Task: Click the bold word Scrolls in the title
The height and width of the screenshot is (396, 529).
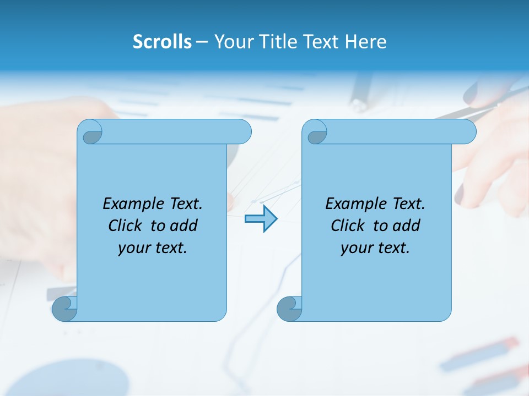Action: [162, 42]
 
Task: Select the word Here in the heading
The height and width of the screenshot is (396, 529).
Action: [365, 42]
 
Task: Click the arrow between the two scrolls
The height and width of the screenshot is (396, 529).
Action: [261, 219]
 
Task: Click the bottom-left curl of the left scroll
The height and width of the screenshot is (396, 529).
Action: [65, 309]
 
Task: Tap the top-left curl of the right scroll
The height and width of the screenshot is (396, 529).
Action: [316, 133]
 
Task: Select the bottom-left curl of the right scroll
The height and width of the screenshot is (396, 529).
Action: [289, 309]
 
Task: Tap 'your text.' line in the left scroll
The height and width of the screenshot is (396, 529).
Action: [152, 248]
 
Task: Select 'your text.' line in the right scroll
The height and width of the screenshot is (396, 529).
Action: [375, 248]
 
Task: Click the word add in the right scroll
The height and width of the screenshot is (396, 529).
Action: [406, 226]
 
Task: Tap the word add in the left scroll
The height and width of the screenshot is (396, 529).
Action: [183, 226]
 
